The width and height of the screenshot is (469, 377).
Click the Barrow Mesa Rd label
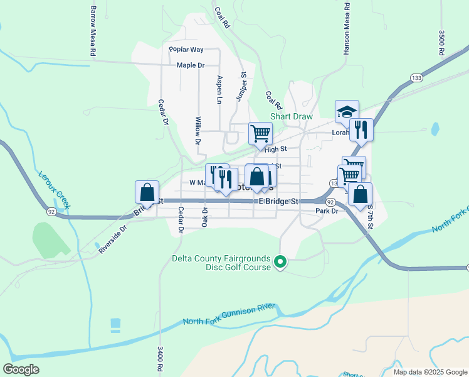click(92, 32)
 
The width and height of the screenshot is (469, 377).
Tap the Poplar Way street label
click(186, 50)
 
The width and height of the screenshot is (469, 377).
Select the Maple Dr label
click(191, 65)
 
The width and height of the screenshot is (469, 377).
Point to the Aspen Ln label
click(219, 89)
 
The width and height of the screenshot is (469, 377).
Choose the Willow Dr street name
click(198, 131)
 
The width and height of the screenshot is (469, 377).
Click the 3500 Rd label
click(441, 43)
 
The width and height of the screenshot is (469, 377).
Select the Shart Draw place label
click(287, 116)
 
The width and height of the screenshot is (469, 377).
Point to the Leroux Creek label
click(55, 190)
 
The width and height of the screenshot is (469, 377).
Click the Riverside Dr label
click(112, 239)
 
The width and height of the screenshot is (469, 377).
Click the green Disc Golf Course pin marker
click(280, 261)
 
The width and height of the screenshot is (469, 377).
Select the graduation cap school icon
click(347, 112)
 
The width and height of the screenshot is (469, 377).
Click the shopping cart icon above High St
click(260, 133)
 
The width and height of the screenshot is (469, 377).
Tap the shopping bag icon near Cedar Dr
click(147, 192)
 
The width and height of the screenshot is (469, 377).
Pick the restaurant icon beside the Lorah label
click(361, 129)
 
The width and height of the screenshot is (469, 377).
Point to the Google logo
click(21, 369)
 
